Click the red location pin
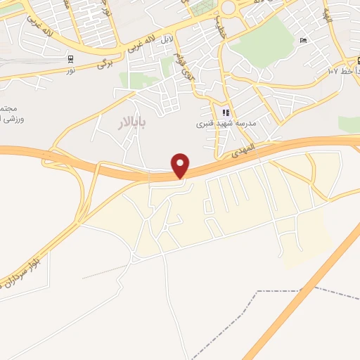181,165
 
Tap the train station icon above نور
70,59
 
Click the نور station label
70,70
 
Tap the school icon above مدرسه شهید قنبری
225,112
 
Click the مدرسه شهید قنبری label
224,124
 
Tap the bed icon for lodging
303,40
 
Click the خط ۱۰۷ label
342,71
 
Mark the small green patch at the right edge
349,124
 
